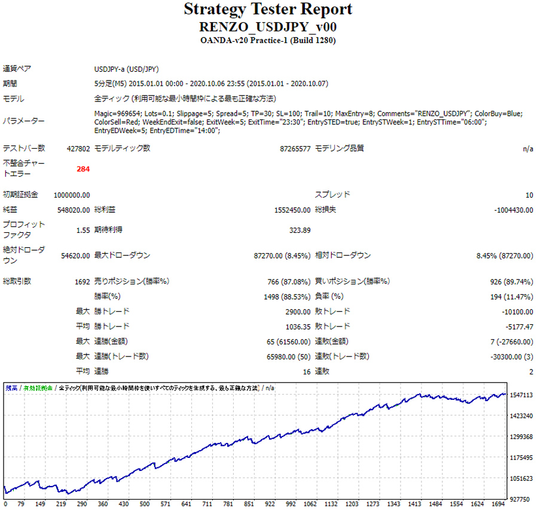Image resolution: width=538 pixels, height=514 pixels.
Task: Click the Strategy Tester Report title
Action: pyautogui.click(x=268, y=10)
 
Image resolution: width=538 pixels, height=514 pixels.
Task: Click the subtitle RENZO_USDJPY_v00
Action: pyautogui.click(x=268, y=27)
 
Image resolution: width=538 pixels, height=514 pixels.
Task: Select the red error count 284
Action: pyautogui.click(x=83, y=169)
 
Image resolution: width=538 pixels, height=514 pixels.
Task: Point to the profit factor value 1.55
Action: pyautogui.click(x=83, y=230)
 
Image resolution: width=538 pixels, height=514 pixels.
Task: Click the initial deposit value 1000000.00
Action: pyautogui.click(x=72, y=195)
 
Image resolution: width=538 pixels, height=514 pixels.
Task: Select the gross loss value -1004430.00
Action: pyautogui.click(x=514, y=210)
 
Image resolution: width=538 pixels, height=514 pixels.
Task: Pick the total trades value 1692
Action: pyautogui.click(x=82, y=281)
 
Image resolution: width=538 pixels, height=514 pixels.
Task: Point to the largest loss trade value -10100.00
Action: pyautogui.click(x=518, y=312)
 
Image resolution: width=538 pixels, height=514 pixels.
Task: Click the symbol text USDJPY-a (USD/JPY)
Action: pyautogui.click(x=126, y=69)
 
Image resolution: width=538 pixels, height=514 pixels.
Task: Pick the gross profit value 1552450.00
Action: pyautogui.click(x=290, y=210)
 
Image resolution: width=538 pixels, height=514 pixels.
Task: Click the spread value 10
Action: pyautogui.click(x=529, y=195)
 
